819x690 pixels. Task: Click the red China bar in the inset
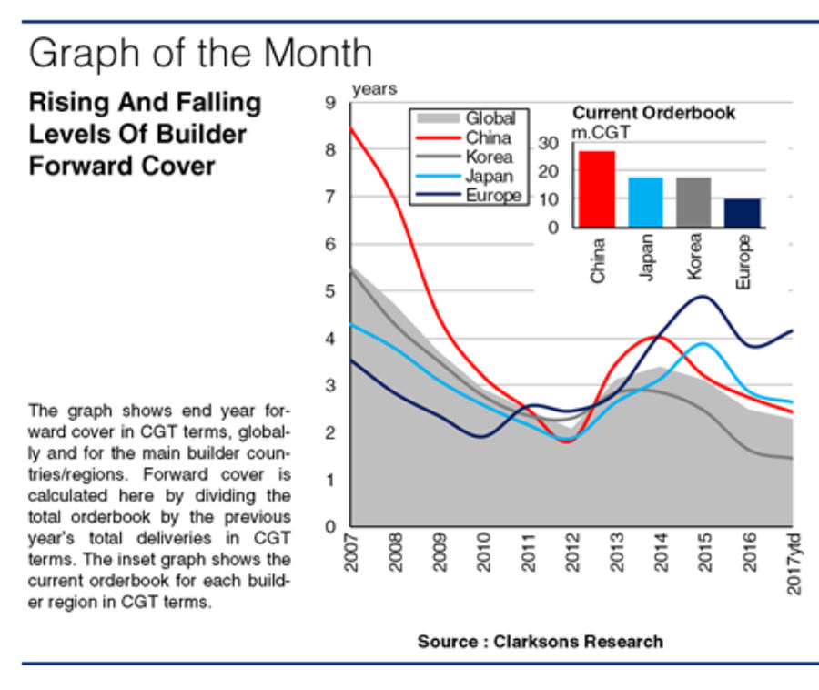point(596,188)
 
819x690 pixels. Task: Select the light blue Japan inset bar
point(645,201)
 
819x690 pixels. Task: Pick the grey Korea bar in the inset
point(693,201)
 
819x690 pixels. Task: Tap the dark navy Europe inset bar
point(742,212)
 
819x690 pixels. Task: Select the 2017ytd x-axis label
point(794,565)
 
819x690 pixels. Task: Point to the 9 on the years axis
point(329,103)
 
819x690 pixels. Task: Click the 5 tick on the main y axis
point(329,291)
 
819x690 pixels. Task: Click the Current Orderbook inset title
point(653,114)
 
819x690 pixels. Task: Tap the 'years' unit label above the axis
point(374,89)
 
